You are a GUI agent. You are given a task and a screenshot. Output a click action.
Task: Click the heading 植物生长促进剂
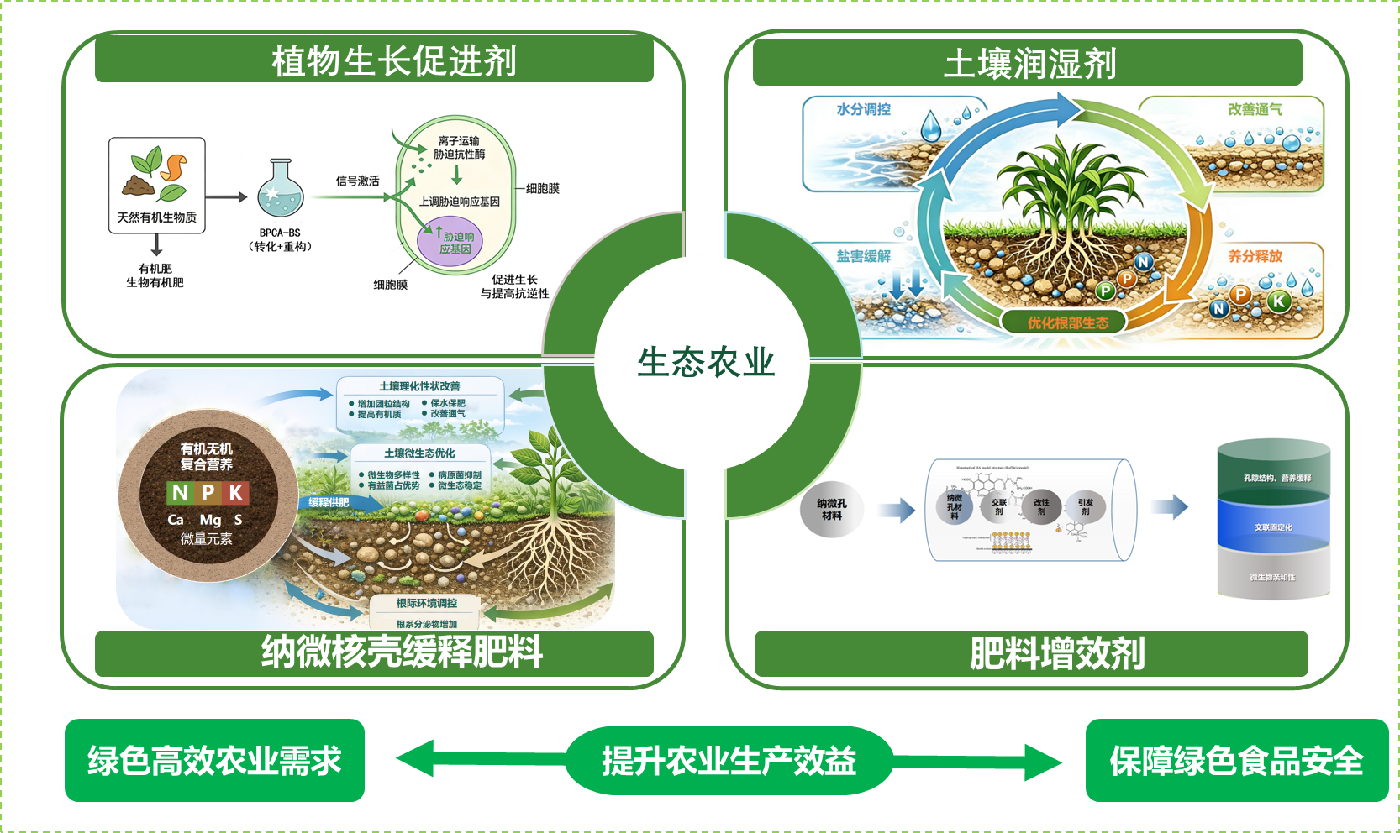[393, 61]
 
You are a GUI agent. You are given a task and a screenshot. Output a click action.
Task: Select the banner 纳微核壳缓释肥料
[401, 652]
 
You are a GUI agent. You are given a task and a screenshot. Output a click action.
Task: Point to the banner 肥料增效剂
[1056, 653]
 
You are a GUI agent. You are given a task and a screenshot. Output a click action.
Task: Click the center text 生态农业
[706, 363]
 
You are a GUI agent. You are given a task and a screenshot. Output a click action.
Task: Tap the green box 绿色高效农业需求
[214, 761]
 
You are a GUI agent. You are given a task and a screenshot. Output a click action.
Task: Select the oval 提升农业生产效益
[729, 761]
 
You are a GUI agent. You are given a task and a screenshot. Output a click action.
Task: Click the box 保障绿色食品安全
[1236, 761]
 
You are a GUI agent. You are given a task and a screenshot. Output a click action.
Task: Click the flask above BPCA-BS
[281, 191]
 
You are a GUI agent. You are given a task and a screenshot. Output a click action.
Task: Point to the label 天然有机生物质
[157, 217]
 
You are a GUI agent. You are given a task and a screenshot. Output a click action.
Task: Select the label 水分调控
[863, 109]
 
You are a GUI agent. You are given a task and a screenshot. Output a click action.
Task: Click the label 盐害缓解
[863, 256]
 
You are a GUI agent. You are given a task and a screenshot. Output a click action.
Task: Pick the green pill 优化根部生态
[1067, 322]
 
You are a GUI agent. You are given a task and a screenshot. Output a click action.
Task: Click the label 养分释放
[1255, 256]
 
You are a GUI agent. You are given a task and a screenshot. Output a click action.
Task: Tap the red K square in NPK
[236, 492]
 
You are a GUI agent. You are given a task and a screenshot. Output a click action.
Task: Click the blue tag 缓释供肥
[329, 502]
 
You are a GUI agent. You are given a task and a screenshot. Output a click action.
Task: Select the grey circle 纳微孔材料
[832, 509]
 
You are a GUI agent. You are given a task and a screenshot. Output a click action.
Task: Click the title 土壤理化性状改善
[419, 386]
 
